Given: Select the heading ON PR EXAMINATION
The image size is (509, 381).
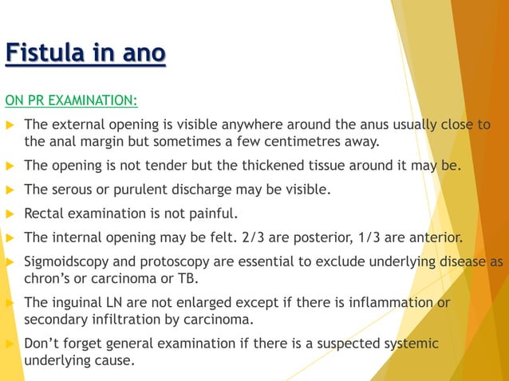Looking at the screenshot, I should coord(71,100).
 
